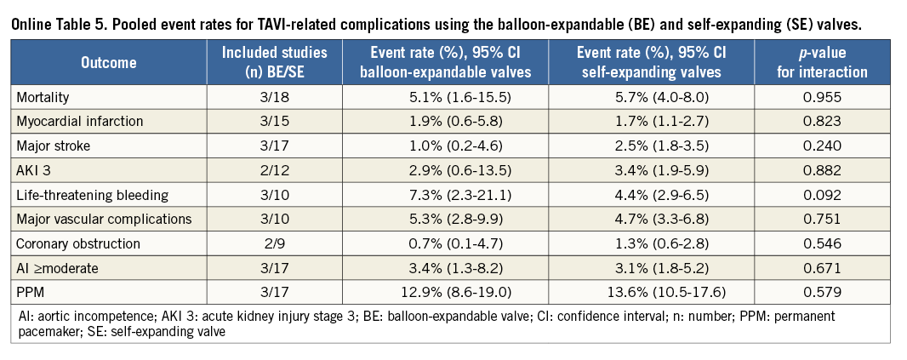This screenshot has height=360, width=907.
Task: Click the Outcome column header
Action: pos(109,62)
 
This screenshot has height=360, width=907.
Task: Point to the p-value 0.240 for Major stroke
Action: pos(822,146)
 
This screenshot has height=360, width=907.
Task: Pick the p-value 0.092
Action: pos(822,195)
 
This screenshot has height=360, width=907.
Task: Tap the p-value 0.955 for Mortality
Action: pos(822,96)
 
